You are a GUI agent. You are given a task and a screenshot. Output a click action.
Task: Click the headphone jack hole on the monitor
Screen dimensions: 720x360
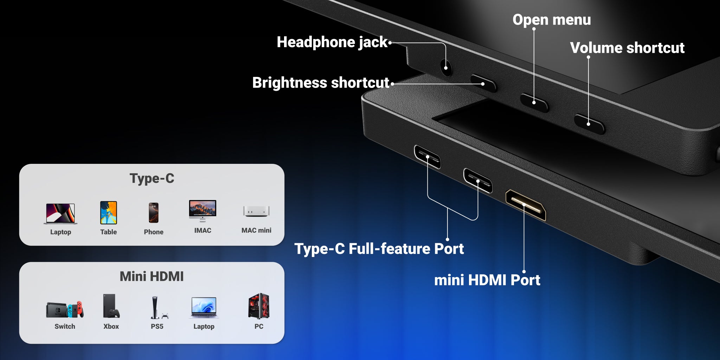446,66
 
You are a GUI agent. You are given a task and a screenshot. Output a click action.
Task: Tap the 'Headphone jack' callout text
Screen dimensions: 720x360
332,42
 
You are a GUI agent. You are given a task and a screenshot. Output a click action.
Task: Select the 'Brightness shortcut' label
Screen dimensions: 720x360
321,83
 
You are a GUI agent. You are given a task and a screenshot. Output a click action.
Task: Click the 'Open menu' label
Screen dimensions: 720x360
552,20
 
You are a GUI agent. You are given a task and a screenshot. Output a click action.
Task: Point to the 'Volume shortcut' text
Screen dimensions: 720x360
627,48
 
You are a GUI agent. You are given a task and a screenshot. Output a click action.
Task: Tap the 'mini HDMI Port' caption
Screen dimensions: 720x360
487,280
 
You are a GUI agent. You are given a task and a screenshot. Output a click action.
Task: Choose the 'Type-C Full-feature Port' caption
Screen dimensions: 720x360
379,249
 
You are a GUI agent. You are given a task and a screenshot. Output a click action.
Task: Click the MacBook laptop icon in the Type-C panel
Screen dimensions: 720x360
60,214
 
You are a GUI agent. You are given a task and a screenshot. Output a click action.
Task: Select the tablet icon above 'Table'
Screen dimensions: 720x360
109,213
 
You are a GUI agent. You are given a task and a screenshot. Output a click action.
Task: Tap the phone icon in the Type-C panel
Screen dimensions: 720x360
154,213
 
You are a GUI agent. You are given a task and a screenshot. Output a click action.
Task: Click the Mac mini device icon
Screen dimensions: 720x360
256,211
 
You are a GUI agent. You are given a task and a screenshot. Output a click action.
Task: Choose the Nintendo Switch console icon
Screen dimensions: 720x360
65,309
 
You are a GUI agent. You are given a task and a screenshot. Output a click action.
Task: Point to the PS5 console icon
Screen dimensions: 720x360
158,308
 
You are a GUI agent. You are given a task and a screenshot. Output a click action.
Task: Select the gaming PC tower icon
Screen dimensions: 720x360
259,306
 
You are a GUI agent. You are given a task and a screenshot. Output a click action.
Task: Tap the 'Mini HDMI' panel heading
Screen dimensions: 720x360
152,276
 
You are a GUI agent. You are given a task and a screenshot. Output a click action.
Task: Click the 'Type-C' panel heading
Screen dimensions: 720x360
152,178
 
